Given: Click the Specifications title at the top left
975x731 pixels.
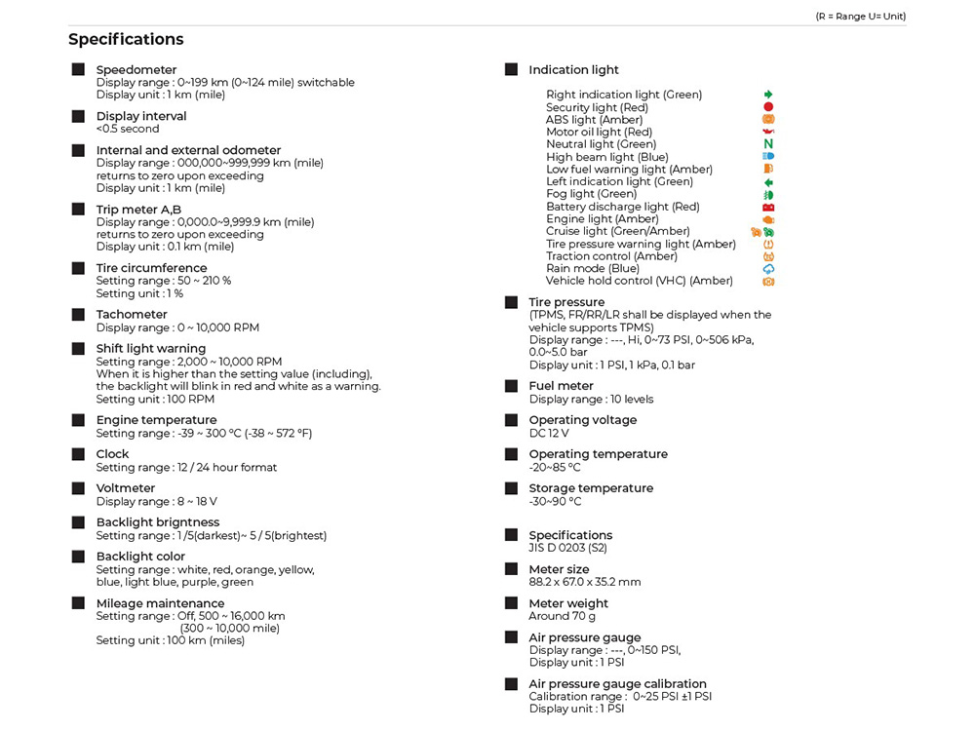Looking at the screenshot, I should (126, 40).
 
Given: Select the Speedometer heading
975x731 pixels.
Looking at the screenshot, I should (136, 70).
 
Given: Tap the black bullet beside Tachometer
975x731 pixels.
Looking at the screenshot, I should (78, 315).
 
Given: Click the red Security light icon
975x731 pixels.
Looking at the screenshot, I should (768, 107).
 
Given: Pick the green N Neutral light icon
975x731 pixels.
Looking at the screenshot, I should (768, 144).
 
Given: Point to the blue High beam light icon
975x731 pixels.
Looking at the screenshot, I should (768, 156).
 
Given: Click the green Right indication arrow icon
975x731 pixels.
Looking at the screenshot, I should (768, 95).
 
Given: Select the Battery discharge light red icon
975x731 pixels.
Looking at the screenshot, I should (768, 207).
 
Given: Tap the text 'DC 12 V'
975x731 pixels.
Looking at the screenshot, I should (549, 434).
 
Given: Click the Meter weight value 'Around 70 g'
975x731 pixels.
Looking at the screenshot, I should (563, 616).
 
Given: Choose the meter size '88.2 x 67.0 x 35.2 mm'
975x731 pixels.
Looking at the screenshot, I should (585, 582).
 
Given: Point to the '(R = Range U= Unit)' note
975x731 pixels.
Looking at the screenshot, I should (861, 17).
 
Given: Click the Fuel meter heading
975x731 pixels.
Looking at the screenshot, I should (561, 386).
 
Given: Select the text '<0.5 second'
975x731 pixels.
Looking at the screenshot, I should (128, 129).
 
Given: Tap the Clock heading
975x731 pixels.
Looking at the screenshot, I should (112, 454).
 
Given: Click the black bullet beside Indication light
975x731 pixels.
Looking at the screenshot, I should (511, 70).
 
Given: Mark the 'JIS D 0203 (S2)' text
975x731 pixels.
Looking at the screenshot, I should (568, 548).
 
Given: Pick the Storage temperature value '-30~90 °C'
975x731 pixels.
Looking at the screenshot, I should (555, 502).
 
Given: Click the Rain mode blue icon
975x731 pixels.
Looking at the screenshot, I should (768, 269).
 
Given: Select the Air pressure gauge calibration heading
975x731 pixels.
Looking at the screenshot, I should (617, 684).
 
